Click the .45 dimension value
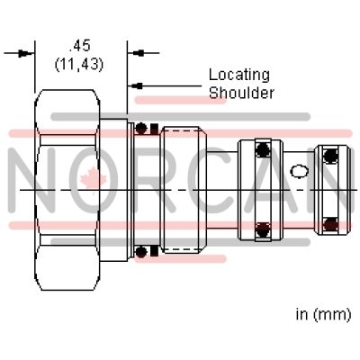(x=80, y=46)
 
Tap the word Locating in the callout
(x=239, y=75)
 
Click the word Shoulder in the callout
(x=241, y=93)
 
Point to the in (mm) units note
(x=323, y=314)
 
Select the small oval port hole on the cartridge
(x=300, y=171)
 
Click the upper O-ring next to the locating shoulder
(x=141, y=128)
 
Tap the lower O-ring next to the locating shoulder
(x=141, y=252)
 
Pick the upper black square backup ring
(x=154, y=129)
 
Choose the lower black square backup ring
(x=154, y=251)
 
